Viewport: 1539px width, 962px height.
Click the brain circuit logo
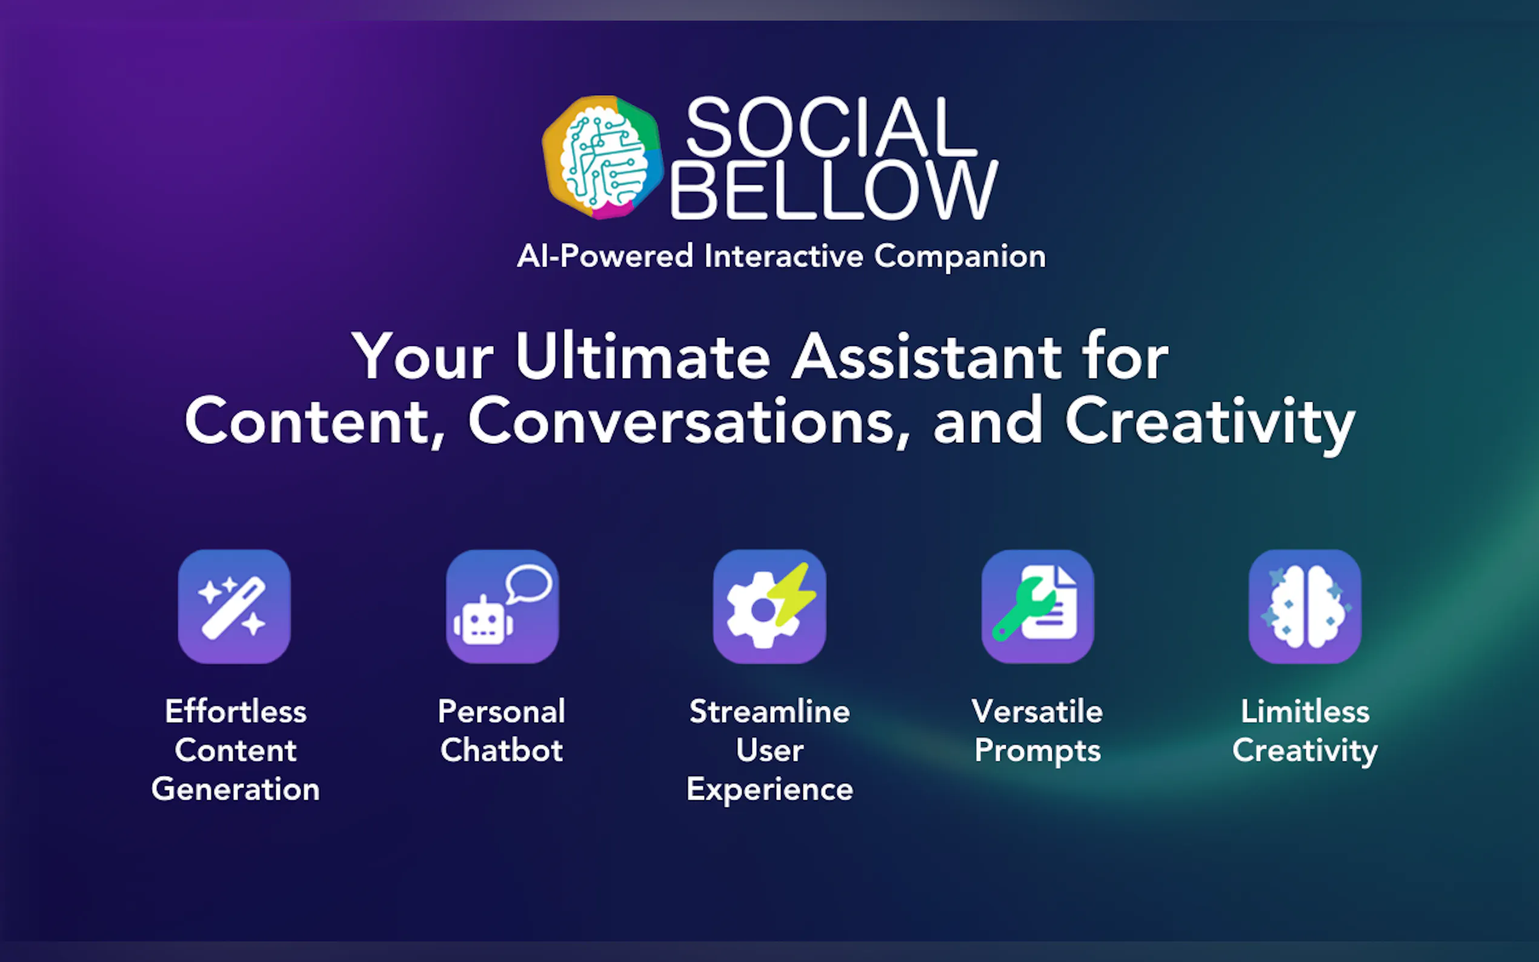(602, 157)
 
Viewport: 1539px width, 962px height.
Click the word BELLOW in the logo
(834, 190)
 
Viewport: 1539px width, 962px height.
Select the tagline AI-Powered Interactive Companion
(781, 256)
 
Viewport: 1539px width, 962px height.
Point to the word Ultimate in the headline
(643, 357)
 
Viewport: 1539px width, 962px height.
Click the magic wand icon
(234, 606)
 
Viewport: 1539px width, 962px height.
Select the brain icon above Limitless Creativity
(1305, 606)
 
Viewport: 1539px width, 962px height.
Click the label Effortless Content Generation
(236, 750)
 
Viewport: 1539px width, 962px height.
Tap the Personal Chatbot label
(501, 731)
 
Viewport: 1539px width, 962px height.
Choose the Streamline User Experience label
(770, 750)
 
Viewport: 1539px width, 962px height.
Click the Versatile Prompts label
(1037, 731)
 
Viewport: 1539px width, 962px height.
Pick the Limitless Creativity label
(1305, 731)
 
